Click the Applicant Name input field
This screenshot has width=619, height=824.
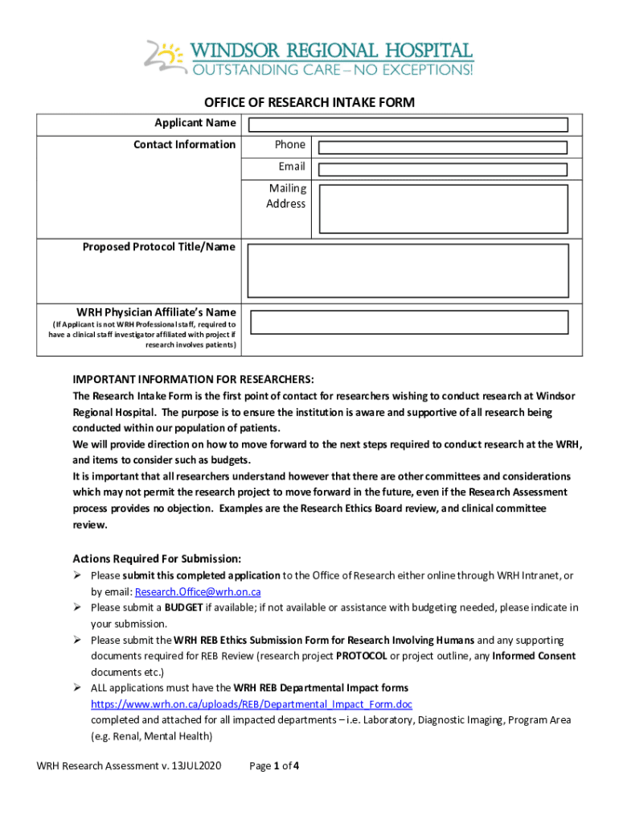[x=408, y=125]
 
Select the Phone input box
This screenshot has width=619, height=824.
[x=443, y=148]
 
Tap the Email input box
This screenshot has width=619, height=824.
[x=443, y=169]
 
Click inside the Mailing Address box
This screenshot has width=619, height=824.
[x=443, y=209]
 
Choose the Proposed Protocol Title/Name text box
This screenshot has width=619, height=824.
[x=408, y=271]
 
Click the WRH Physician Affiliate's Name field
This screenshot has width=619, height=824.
[x=408, y=322]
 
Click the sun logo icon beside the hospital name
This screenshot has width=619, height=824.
[x=166, y=57]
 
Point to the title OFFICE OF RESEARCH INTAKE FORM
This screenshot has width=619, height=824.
[x=309, y=103]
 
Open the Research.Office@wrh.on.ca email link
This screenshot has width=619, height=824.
[x=197, y=591]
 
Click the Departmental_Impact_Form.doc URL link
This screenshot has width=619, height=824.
[x=252, y=704]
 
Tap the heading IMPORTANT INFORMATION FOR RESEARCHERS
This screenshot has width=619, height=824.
[x=194, y=379]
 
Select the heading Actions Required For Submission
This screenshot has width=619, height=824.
[x=157, y=558]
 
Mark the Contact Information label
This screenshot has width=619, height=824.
[x=184, y=145]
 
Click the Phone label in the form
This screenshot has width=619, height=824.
[x=289, y=145]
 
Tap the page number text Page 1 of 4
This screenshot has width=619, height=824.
[x=275, y=766]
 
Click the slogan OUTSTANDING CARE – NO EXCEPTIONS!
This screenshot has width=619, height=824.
[x=332, y=70]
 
